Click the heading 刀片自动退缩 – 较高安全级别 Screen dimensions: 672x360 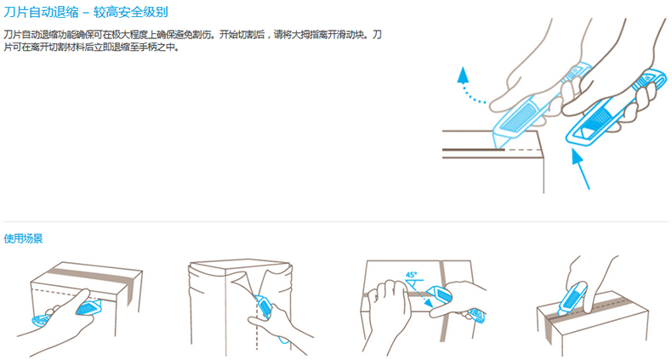click(x=86, y=12)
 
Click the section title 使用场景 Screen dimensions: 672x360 click(x=23, y=238)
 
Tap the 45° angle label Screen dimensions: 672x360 click(x=411, y=274)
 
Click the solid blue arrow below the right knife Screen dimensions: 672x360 click(x=581, y=169)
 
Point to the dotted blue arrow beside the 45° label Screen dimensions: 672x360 click(x=419, y=294)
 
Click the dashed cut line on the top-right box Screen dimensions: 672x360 click(x=521, y=150)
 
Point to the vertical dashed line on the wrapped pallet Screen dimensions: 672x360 click(x=257, y=326)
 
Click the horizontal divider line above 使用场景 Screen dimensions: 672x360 click(x=336, y=221)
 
